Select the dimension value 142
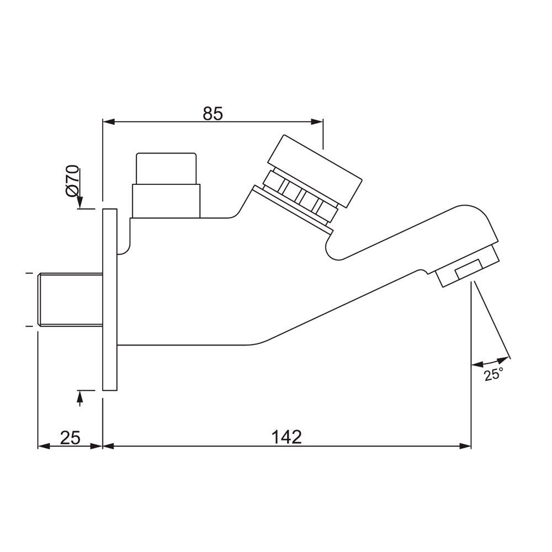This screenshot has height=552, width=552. tap(287, 437)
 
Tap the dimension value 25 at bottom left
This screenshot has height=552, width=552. tap(70, 437)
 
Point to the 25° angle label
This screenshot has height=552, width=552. tap(494, 375)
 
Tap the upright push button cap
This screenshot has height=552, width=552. tap(166, 169)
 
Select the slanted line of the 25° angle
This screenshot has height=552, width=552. tap(491, 320)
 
